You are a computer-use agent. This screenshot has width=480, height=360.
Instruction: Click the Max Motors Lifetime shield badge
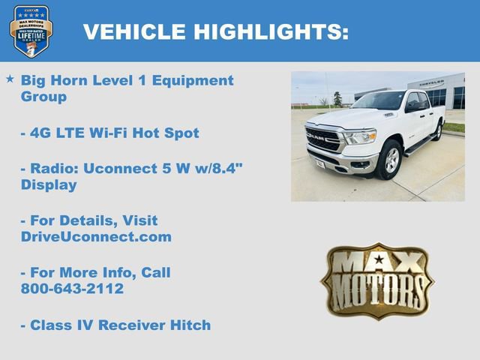pos(31,31)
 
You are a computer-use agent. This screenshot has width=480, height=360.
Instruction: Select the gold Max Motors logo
pos(377,281)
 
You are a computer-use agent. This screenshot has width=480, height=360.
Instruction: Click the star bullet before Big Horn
pos(10,79)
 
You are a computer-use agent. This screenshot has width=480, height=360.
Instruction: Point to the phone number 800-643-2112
pos(72,289)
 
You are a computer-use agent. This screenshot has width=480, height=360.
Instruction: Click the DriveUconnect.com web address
pos(96,237)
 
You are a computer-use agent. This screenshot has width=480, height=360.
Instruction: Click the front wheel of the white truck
pos(390,160)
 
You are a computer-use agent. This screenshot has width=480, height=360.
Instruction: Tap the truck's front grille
pos(324,139)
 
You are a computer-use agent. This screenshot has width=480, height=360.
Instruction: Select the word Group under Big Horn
pos(44,97)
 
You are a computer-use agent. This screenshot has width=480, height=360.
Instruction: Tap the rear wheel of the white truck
pos(437,131)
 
